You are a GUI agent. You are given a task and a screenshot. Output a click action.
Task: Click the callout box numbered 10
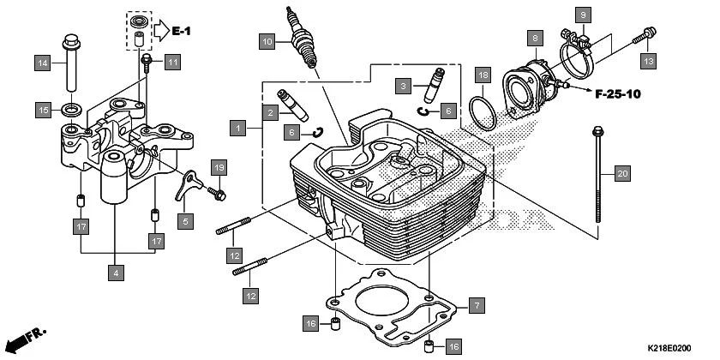[x=267, y=40]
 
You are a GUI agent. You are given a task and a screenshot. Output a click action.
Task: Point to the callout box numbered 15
[x=42, y=110]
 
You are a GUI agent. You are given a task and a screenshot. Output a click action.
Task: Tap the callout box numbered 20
[x=622, y=174]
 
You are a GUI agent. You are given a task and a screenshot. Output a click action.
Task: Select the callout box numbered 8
[x=535, y=39]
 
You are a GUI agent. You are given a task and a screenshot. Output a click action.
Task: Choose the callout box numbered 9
[x=582, y=15]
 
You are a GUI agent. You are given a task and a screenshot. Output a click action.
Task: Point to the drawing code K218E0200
[x=668, y=349]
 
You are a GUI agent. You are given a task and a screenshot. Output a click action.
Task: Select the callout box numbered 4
[x=116, y=273]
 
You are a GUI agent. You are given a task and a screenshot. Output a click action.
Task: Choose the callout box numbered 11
[x=173, y=62]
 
